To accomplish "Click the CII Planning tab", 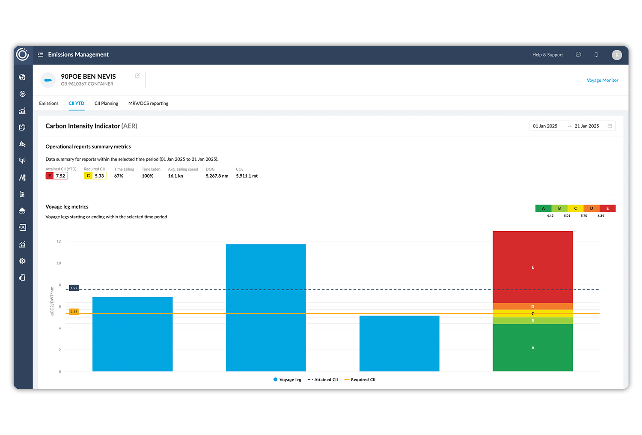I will (106, 103).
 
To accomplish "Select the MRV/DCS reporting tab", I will (148, 103).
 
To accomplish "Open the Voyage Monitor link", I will (602, 80).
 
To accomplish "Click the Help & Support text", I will (547, 55).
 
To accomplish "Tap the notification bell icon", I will (596, 54).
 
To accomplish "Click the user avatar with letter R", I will (617, 55).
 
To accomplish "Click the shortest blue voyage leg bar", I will (399, 343).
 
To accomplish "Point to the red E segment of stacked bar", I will (532, 267).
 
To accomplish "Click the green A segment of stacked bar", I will (532, 348).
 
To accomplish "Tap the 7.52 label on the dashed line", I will (74, 288).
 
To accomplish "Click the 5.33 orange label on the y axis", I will (74, 312).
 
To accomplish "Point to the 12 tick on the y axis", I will (59, 241).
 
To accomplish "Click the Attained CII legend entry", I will (323, 380).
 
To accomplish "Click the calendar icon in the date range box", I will (610, 126).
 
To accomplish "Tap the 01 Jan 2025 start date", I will (545, 126).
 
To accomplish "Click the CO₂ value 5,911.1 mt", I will (247, 176).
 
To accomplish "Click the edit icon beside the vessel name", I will (137, 76).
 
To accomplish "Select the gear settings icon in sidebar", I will (22, 261).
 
